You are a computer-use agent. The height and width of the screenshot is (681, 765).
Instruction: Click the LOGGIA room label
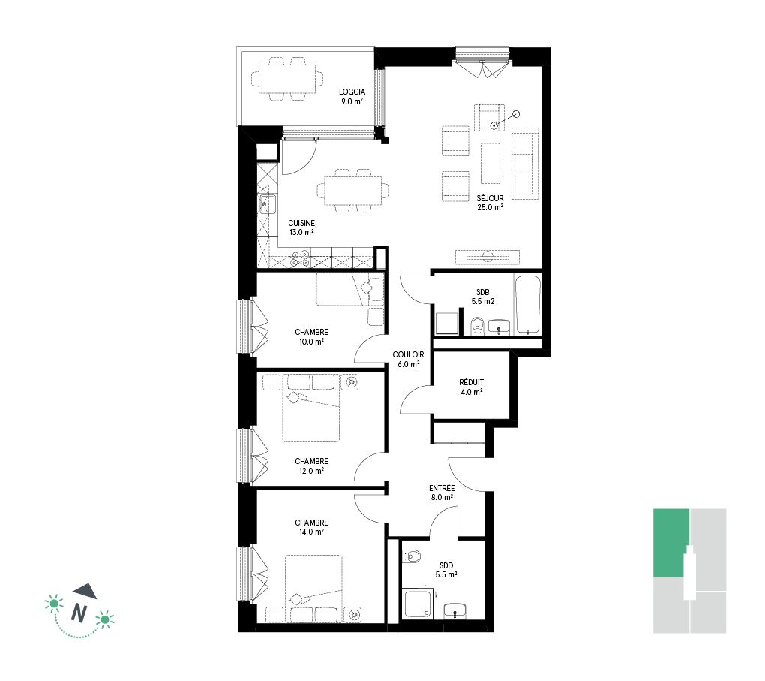(352, 92)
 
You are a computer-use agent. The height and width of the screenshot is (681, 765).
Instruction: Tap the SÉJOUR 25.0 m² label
(490, 203)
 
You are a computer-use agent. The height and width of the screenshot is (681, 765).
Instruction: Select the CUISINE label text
(301, 223)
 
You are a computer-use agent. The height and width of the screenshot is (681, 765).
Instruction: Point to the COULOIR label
(408, 354)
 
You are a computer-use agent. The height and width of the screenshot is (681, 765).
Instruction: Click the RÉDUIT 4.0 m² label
(471, 387)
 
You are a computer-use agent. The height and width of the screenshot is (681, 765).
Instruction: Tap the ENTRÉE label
(442, 488)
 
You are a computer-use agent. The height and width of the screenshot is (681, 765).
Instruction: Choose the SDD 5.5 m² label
(446, 570)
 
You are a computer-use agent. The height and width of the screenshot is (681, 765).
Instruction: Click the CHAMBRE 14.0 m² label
(312, 527)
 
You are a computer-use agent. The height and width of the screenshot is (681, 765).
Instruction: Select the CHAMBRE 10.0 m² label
(312, 337)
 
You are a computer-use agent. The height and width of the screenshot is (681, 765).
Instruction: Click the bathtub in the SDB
(528, 305)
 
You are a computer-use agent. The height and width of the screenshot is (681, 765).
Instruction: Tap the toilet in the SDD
(412, 556)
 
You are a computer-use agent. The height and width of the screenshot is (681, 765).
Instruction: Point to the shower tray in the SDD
(418, 604)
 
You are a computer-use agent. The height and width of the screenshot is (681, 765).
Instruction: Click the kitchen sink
(267, 203)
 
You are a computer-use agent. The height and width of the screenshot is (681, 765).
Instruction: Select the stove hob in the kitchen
(299, 259)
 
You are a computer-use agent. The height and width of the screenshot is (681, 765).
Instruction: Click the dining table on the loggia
(286, 79)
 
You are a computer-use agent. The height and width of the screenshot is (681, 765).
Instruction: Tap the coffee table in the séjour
(490, 163)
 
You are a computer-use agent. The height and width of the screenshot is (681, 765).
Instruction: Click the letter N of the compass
(79, 613)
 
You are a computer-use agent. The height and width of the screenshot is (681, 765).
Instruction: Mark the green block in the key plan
(671, 543)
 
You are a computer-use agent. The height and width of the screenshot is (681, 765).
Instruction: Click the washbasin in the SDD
(454, 611)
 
